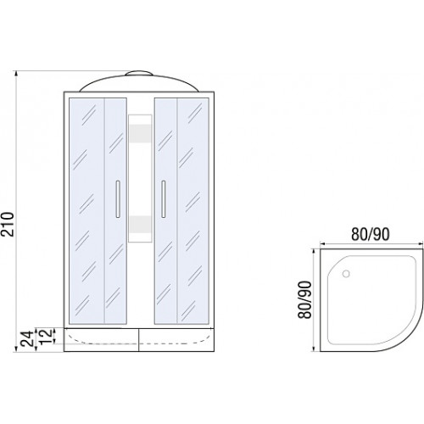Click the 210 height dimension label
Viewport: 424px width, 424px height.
(8, 224)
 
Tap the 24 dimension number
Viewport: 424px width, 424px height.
(27, 339)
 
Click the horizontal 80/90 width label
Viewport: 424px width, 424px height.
(371, 234)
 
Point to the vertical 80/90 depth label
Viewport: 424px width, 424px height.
(304, 299)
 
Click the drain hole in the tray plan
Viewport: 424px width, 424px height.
(346, 274)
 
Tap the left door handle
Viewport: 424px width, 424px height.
(118, 199)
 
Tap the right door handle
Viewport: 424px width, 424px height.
(163, 199)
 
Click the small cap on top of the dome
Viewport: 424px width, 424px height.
(139, 74)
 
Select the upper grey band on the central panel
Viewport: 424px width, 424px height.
(140, 133)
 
